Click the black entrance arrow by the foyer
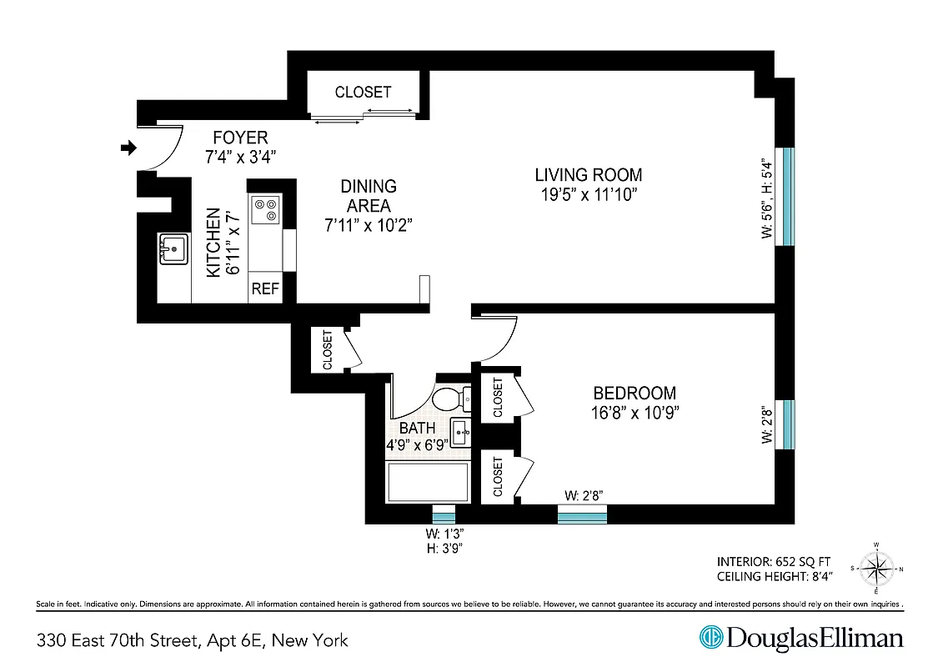tap(128, 148)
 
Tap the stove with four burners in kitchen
tap(266, 209)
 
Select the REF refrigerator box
tap(265, 289)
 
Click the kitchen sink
tap(174, 248)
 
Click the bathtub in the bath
tap(427, 482)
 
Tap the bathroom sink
tap(460, 431)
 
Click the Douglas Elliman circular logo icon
tap(710, 639)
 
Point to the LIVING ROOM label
tap(589, 175)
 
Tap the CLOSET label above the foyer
tap(363, 93)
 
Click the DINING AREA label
tap(368, 196)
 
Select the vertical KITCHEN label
tap(214, 242)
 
